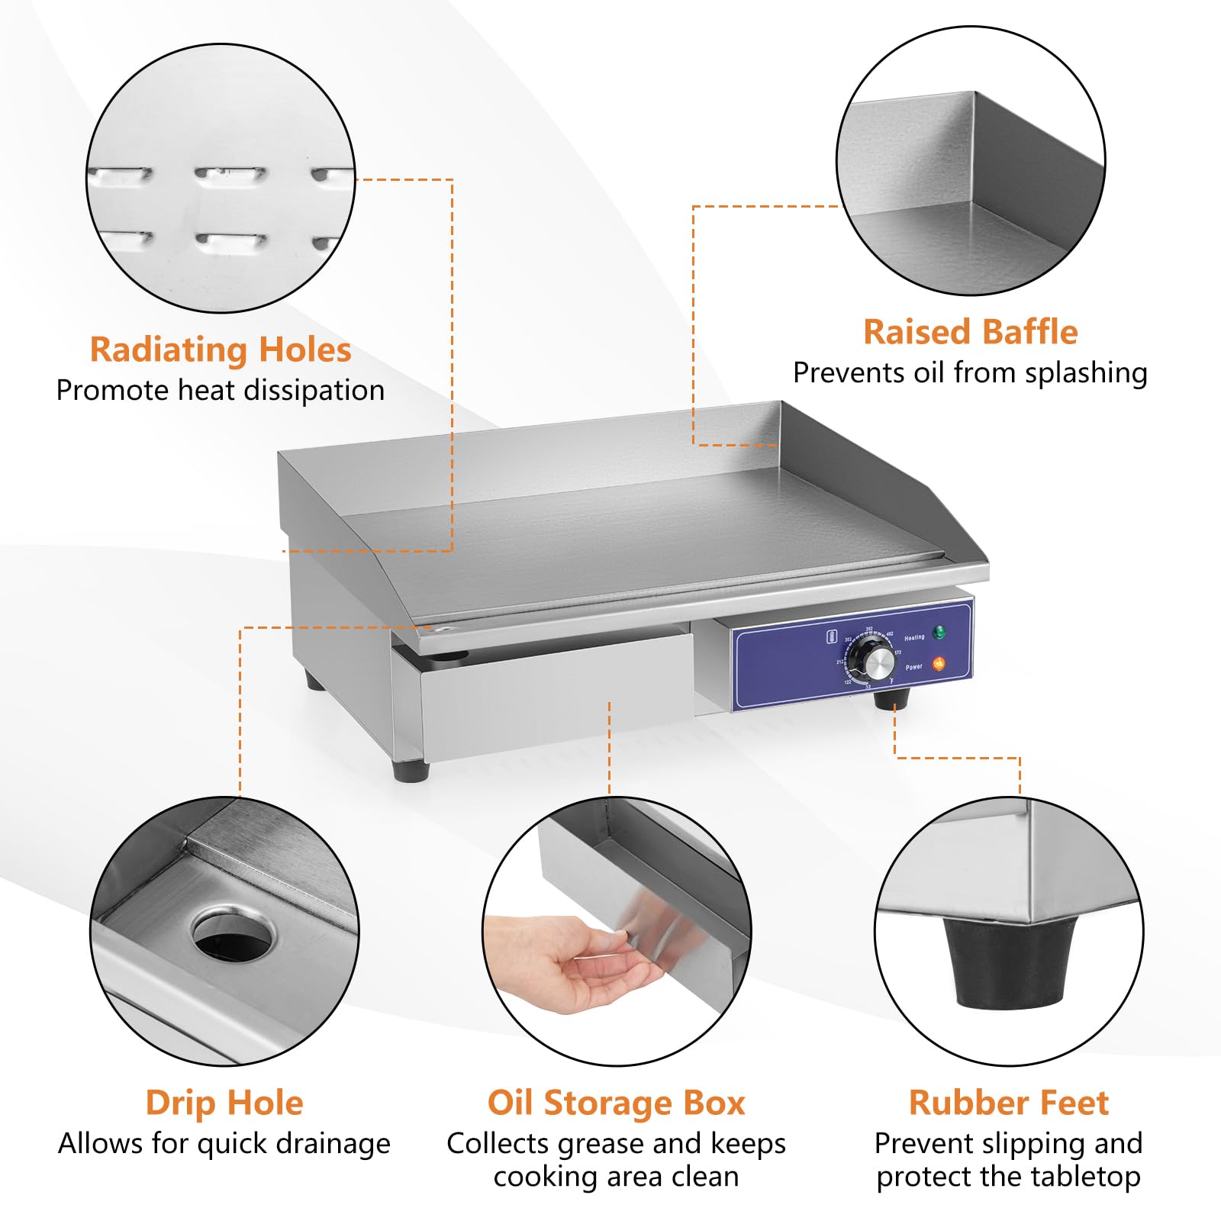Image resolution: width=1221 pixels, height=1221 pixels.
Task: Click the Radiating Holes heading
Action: pyautogui.click(x=221, y=350)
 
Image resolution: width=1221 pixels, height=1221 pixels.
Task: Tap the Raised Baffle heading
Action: pyautogui.click(x=970, y=332)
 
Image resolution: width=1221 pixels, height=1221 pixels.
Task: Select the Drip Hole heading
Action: pyautogui.click(x=224, y=1103)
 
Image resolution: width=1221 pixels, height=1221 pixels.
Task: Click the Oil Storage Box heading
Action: pyautogui.click(x=616, y=1103)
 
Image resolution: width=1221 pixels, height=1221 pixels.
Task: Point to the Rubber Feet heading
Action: pyautogui.click(x=1008, y=1103)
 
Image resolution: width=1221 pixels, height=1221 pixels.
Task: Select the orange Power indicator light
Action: pyautogui.click(x=939, y=664)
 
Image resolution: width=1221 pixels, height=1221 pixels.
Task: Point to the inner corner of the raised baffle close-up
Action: pyautogui.click(x=974, y=202)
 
